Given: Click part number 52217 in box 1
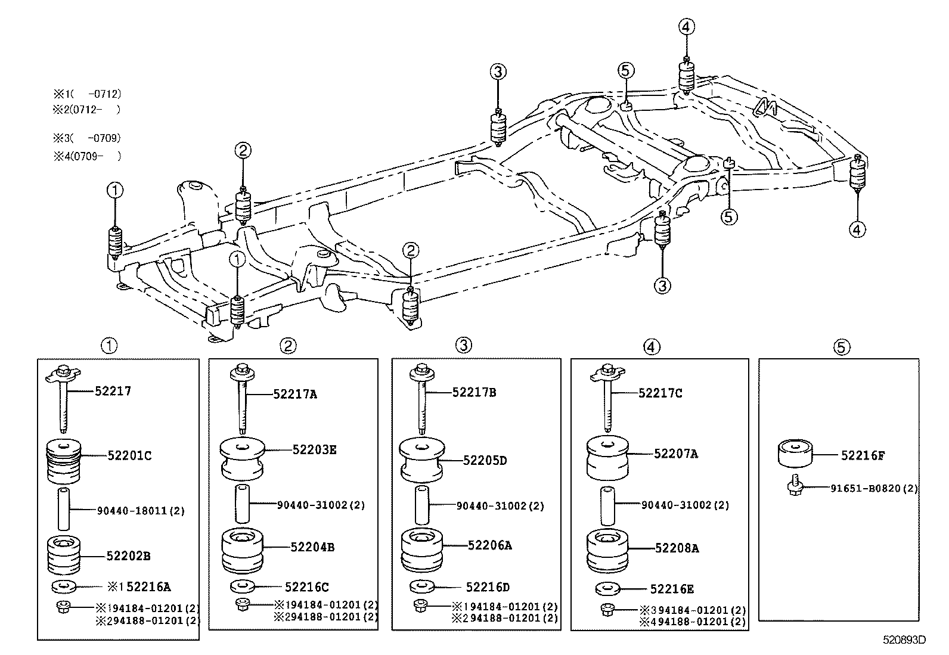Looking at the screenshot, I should click(x=113, y=392).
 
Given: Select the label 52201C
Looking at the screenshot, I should click(x=129, y=456).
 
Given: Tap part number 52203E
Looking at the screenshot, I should click(x=314, y=450).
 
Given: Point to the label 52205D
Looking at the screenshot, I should click(x=485, y=461).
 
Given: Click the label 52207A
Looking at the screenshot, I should click(x=675, y=454).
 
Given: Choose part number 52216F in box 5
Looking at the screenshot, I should click(x=863, y=456).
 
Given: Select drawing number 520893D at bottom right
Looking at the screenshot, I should click(x=904, y=641).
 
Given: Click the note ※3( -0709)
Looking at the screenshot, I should click(x=87, y=138).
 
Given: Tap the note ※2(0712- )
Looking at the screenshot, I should click(x=87, y=110).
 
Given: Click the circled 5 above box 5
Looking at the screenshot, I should click(x=841, y=347).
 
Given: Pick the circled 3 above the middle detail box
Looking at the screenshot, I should click(x=464, y=345).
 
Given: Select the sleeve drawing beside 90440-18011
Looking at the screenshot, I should click(x=64, y=509).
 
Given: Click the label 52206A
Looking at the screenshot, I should click(x=489, y=545).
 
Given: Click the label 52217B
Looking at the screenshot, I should click(x=474, y=392).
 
